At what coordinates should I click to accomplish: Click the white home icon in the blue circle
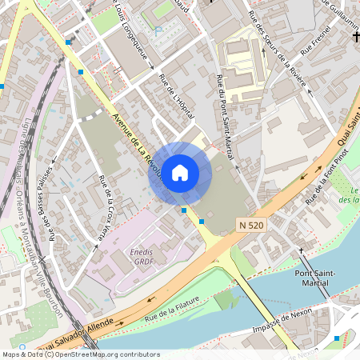pyautogui.click(x=180, y=173)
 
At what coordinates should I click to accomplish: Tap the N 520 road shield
pyautogui.click(x=252, y=226)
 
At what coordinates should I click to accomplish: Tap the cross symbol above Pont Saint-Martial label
pyautogui.click(x=302, y=251)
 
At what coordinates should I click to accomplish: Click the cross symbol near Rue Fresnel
pyautogui.click(x=354, y=38)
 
